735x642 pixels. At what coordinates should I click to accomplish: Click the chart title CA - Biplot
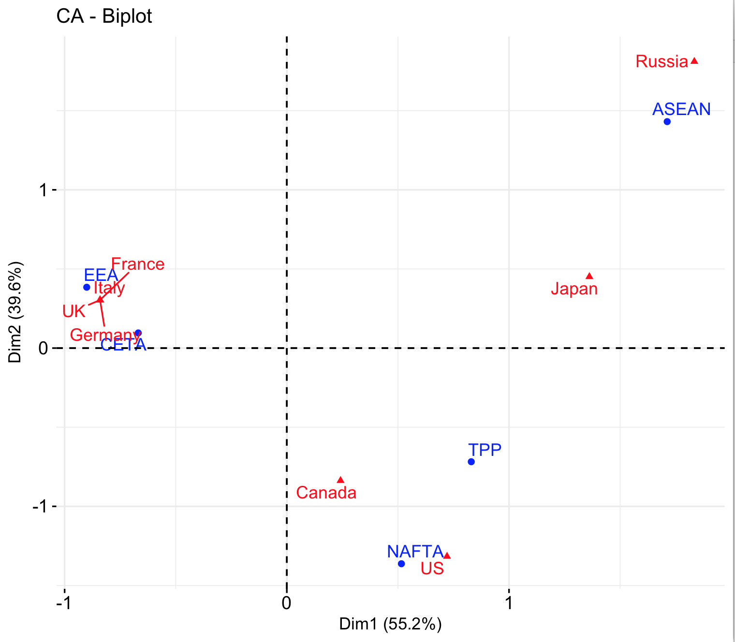(104, 16)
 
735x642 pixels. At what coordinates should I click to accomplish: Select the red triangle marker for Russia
(694, 61)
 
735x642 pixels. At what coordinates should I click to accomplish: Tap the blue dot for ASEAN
(667, 121)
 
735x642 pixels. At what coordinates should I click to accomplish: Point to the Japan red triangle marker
(589, 276)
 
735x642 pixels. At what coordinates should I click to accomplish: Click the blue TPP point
(471, 462)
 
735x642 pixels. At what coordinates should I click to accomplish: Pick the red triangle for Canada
(340, 480)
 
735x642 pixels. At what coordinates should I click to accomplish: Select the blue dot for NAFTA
(401, 564)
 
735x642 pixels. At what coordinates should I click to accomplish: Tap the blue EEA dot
(87, 287)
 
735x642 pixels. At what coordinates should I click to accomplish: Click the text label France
(138, 264)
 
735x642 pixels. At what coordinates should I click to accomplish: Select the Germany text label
(105, 335)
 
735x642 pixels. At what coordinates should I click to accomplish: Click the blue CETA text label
(123, 345)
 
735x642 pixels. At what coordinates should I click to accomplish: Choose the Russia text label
(661, 62)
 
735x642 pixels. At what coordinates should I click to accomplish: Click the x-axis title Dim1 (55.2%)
(390, 624)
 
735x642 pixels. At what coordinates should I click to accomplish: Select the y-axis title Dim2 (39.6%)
(15, 312)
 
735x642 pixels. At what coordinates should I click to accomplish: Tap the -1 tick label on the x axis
(64, 603)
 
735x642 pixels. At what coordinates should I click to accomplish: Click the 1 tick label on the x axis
(508, 603)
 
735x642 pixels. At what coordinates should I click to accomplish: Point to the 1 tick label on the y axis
(44, 190)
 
